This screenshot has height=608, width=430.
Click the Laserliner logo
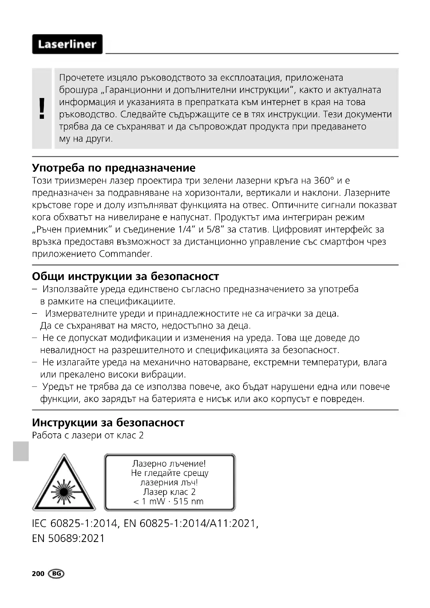[67, 44]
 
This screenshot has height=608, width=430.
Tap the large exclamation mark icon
[42, 108]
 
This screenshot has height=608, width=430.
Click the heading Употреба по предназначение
[114, 168]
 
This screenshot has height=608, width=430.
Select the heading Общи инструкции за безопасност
[125, 276]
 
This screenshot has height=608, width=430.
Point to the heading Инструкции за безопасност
[108, 423]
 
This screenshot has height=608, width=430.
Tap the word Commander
[125, 254]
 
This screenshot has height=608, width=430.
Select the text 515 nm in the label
[188, 501]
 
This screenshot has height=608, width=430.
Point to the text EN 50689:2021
[68, 538]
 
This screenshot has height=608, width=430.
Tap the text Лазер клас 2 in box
[170, 492]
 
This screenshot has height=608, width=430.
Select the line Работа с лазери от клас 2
[88, 435]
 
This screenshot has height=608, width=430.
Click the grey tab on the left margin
[21, 451]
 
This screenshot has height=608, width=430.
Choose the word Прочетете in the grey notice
[82, 78]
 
